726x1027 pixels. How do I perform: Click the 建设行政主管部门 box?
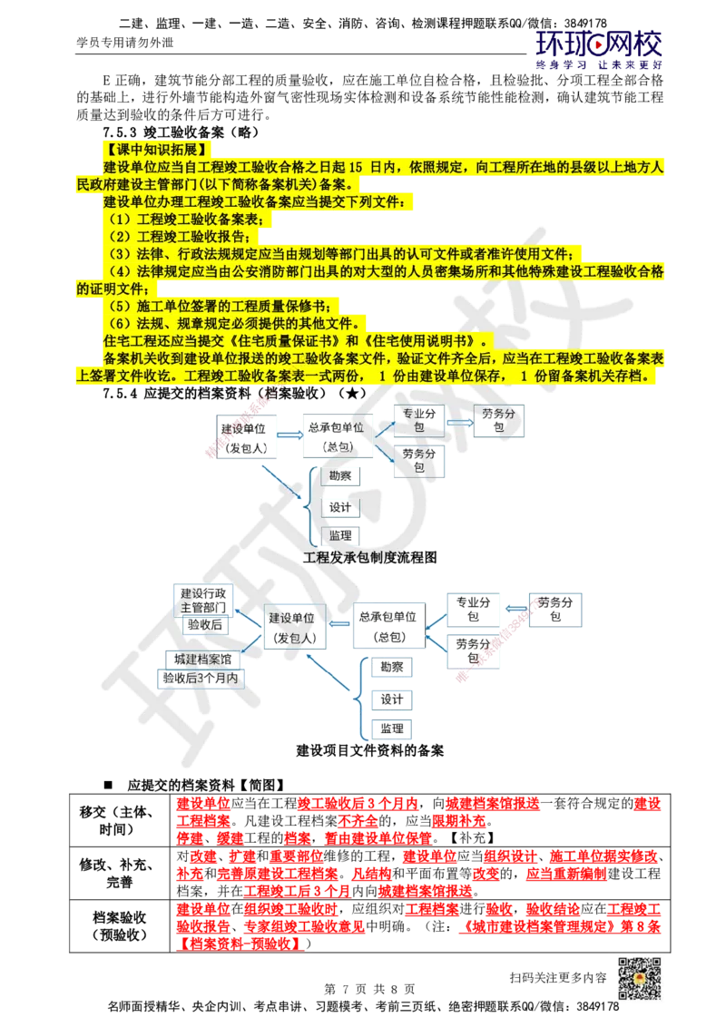pos(202,599)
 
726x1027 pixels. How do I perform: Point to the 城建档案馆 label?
pos(201,655)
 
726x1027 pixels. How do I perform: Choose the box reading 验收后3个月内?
pos(201,677)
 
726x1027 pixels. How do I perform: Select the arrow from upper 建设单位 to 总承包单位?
pos(289,435)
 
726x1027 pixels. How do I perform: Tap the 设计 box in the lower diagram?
pos(392,699)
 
